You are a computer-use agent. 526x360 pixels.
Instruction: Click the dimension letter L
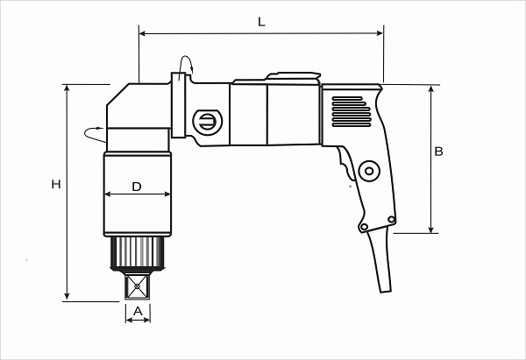click(x=261, y=22)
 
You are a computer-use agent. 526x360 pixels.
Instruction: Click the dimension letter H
click(x=56, y=184)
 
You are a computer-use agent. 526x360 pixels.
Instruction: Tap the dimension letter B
click(x=438, y=152)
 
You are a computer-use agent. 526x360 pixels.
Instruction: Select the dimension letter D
click(x=137, y=187)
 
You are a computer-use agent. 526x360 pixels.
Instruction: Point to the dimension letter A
click(x=138, y=312)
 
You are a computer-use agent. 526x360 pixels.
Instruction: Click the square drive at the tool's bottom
click(x=138, y=286)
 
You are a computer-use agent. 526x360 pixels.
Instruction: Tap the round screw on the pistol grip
click(x=369, y=171)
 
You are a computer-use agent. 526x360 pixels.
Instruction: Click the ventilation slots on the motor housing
click(x=352, y=111)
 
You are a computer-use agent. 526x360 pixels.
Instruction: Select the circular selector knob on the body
click(x=208, y=122)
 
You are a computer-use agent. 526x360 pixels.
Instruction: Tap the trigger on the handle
click(x=345, y=164)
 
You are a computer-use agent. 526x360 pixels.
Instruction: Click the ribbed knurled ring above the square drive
click(x=138, y=253)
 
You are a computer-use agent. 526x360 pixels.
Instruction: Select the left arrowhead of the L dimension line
click(x=142, y=33)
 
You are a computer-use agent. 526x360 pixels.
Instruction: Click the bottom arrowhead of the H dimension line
click(x=68, y=296)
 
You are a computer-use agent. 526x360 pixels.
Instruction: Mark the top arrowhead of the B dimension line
click(x=431, y=88)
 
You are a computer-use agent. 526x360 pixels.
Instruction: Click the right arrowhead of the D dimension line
click(x=167, y=194)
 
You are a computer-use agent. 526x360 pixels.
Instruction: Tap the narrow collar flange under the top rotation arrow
click(x=179, y=105)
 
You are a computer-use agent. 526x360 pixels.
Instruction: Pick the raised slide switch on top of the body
click(x=294, y=75)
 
